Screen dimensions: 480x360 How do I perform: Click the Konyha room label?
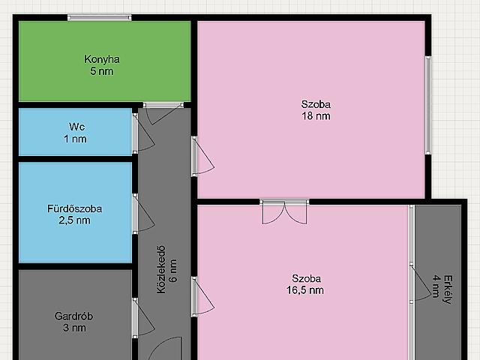coord(102,59)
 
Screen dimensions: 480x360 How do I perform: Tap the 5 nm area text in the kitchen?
coord(102,71)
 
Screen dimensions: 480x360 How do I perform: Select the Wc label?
coord(76,127)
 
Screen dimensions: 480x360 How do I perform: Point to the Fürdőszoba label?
coord(75,208)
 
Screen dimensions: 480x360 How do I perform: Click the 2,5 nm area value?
coord(75,220)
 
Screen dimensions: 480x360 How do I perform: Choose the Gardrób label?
coord(73,316)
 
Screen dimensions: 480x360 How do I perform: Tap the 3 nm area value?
coord(74,328)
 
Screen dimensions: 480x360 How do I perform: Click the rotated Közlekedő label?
coord(161,270)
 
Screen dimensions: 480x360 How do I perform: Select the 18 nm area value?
coord(316,116)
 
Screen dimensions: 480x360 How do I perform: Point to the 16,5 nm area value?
coord(305,290)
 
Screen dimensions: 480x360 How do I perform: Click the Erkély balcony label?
coord(448,289)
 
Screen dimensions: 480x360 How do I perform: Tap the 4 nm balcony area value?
coord(436,286)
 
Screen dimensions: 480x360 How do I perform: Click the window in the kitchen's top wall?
coord(100,18)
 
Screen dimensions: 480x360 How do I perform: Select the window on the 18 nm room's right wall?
coord(428,105)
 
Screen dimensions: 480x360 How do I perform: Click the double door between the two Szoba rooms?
coord(285,211)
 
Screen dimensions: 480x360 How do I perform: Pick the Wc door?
coord(142,133)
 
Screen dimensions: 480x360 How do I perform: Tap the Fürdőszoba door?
coord(142,214)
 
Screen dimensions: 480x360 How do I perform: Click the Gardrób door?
coord(142,318)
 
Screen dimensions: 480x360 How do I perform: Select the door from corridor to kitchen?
coord(163,113)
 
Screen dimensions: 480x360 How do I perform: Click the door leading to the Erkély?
coord(420,283)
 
